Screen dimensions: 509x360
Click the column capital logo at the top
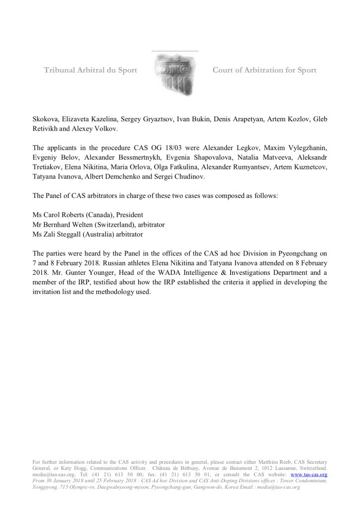pos(174,74)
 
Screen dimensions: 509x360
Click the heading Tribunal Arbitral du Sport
pos(90,70)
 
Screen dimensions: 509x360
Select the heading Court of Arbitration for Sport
pos(264,70)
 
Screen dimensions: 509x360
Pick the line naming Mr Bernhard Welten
pos(98,225)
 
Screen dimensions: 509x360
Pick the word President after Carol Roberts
pos(129,215)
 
